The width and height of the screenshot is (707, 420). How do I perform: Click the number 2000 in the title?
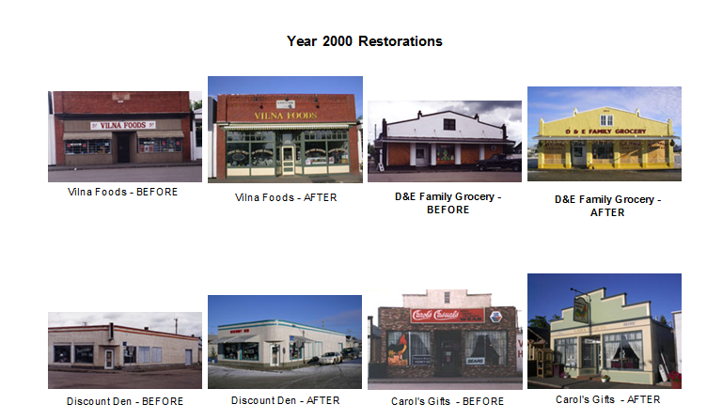click(x=338, y=41)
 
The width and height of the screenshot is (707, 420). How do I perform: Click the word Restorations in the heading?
click(x=401, y=41)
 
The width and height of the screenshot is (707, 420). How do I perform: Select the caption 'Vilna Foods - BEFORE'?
click(x=122, y=192)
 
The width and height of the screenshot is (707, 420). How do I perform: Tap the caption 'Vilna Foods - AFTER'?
click(x=286, y=197)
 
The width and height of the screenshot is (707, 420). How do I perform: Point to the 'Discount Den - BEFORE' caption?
click(x=125, y=401)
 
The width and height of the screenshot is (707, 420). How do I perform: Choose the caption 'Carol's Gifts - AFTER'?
click(x=607, y=399)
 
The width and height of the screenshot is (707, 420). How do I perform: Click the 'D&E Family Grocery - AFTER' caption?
click(x=607, y=206)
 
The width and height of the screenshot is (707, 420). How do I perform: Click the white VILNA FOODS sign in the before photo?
click(x=123, y=125)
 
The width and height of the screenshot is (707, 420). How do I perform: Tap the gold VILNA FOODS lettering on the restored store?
click(x=286, y=116)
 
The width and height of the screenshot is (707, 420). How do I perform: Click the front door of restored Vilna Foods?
click(x=288, y=161)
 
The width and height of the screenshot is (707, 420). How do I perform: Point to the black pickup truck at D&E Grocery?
click(x=499, y=162)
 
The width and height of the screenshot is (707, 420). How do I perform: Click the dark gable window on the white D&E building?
click(x=449, y=124)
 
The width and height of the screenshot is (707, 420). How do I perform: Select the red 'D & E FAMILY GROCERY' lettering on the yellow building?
click(x=605, y=132)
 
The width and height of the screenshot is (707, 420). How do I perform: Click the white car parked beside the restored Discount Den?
click(x=330, y=358)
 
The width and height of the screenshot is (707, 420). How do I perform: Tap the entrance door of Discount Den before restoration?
click(x=109, y=358)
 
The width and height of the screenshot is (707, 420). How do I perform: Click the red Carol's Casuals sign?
click(x=448, y=315)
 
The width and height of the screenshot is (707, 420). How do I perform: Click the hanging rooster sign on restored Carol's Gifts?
click(x=581, y=309)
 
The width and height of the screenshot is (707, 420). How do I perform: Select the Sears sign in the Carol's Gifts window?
click(x=475, y=361)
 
